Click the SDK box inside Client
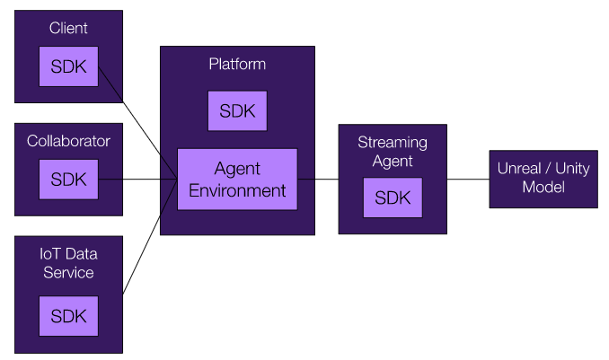click(69, 66)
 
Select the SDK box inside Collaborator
click(69, 180)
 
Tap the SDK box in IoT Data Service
click(69, 316)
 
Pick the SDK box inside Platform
click(237, 111)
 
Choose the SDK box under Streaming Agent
click(393, 198)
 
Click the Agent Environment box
click(237, 180)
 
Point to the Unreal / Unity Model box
click(543, 179)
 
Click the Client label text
click(68, 28)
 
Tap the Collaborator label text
click(68, 141)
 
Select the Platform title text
click(237, 64)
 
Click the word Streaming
click(393, 143)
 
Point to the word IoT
click(49, 254)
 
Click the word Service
click(68, 273)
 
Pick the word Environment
click(237, 190)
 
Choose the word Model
click(543, 188)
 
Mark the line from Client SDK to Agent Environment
click(138, 123)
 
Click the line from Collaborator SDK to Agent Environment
click(138, 180)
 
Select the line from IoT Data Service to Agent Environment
click(150, 236)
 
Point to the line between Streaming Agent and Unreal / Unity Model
click(468, 180)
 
